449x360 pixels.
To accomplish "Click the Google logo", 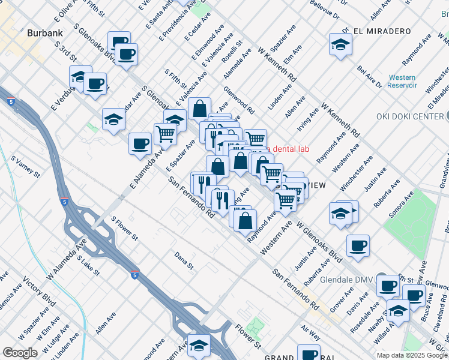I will [x=20, y=353].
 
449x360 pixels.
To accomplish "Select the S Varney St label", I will [x=25, y=167].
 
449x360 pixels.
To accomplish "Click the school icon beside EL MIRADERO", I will [x=340, y=44].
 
